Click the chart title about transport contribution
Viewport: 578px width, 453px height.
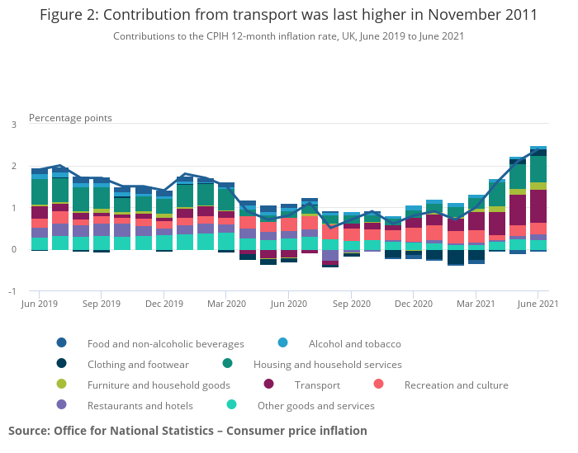(x=288, y=15)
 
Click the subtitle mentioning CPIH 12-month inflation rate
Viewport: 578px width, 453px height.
(x=288, y=36)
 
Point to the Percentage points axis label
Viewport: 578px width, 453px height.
(x=70, y=118)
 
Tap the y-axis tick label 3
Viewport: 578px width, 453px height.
(x=13, y=125)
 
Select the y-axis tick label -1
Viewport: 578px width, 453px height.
(x=12, y=291)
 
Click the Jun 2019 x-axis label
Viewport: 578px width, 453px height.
(x=38, y=304)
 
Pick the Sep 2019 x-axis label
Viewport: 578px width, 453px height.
(x=101, y=304)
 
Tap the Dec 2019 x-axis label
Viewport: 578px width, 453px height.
(x=163, y=304)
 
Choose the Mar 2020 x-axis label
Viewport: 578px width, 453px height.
(x=226, y=304)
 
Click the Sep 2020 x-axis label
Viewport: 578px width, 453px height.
(x=351, y=304)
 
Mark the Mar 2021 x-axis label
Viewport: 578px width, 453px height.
(x=476, y=304)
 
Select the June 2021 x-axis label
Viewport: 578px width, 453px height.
(x=538, y=304)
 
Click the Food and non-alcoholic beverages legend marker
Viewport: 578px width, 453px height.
(x=61, y=343)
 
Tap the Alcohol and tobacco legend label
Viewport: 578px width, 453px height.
(x=354, y=343)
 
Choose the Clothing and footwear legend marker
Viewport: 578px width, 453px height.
(x=61, y=364)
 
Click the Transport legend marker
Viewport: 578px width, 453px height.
(x=268, y=385)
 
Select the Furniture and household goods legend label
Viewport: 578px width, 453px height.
(x=159, y=385)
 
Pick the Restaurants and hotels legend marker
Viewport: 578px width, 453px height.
(x=61, y=405)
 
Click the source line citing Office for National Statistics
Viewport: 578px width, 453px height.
(x=187, y=431)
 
